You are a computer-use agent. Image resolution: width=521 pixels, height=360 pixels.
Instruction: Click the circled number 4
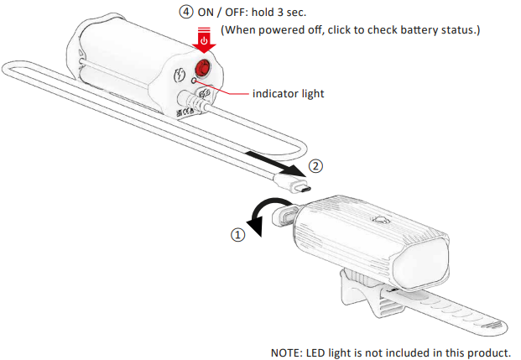185,13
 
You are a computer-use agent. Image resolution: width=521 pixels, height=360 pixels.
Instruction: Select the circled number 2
315,165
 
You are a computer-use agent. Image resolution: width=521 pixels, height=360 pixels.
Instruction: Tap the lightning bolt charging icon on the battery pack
179,74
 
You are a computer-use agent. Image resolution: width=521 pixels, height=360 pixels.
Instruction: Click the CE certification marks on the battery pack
185,109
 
